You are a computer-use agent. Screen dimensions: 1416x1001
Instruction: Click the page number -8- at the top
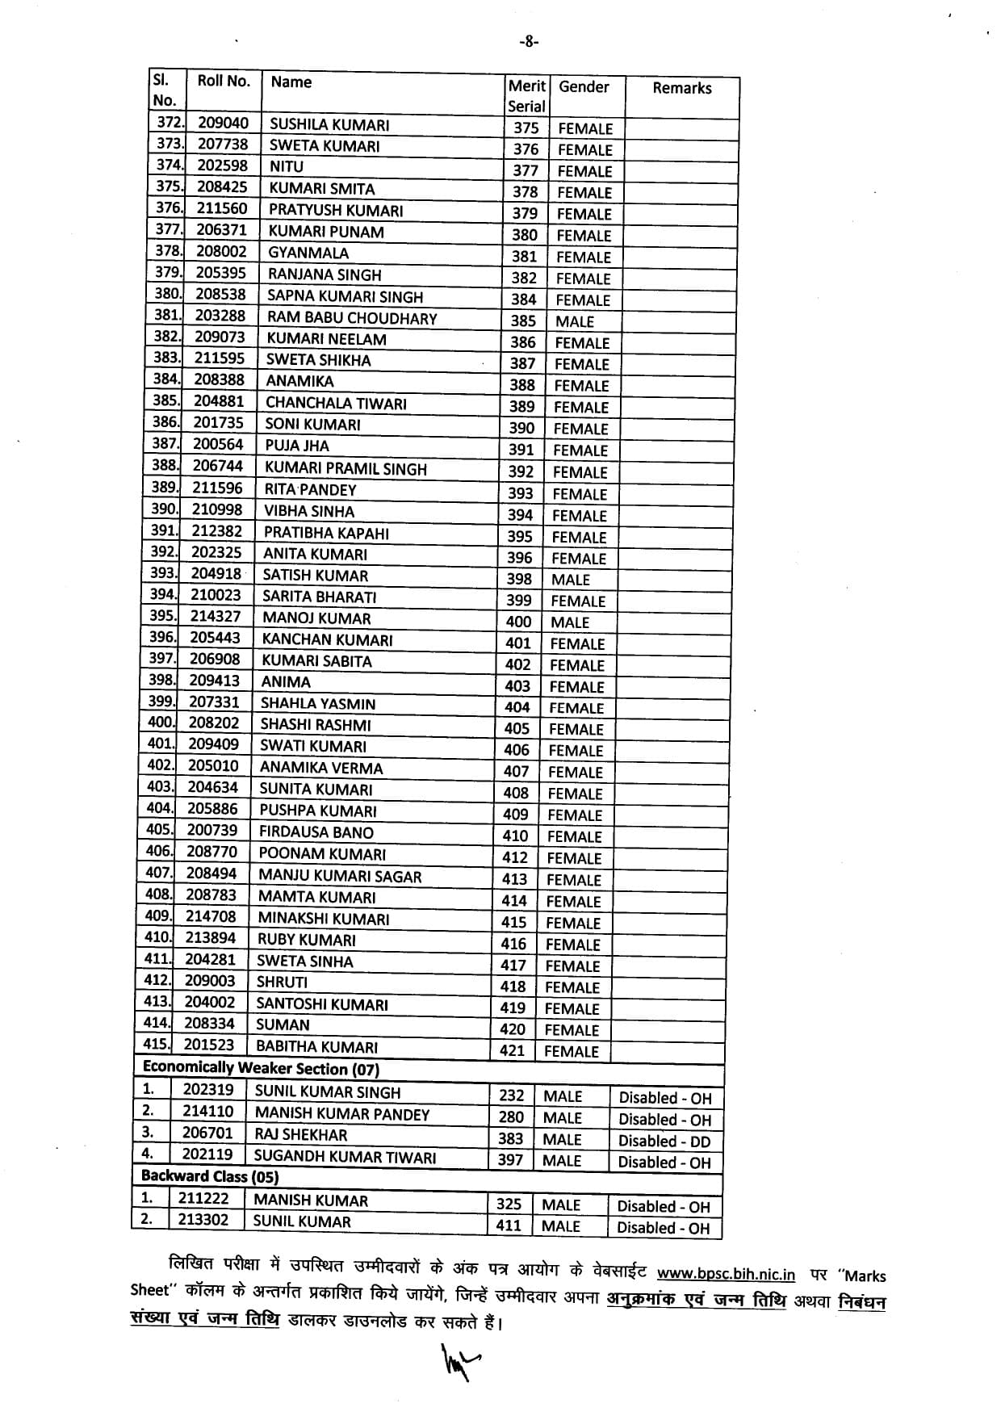pos(528,42)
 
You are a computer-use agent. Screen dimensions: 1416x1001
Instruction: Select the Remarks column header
pos(681,88)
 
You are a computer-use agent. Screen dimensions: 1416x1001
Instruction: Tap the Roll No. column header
pos(224,81)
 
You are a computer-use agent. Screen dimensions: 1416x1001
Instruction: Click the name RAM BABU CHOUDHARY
pos(352,318)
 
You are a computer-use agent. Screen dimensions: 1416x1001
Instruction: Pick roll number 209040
pos(223,123)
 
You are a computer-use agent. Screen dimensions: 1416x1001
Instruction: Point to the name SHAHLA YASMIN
pos(318,703)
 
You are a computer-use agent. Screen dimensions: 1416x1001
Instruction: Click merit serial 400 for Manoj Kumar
pos(518,622)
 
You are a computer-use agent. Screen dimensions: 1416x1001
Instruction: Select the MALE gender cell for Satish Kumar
pos(571,580)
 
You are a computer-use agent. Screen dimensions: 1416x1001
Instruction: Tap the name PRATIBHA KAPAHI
pos(326,533)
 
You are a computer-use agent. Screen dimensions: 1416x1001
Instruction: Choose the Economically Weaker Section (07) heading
pos(261,1069)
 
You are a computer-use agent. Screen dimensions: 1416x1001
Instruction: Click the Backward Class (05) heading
pos(210,1176)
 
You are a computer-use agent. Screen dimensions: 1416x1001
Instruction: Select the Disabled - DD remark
pos(664,1141)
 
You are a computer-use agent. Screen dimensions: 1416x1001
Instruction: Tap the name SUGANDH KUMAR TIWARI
pos(345,1156)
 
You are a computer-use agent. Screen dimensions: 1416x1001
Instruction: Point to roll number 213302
pos(203,1220)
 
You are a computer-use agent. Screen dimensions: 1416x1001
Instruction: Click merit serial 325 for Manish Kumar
pos(509,1204)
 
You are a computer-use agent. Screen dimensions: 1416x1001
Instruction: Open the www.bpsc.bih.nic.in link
pos(726,1275)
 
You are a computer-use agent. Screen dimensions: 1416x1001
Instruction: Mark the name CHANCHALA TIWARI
pos(336,403)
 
